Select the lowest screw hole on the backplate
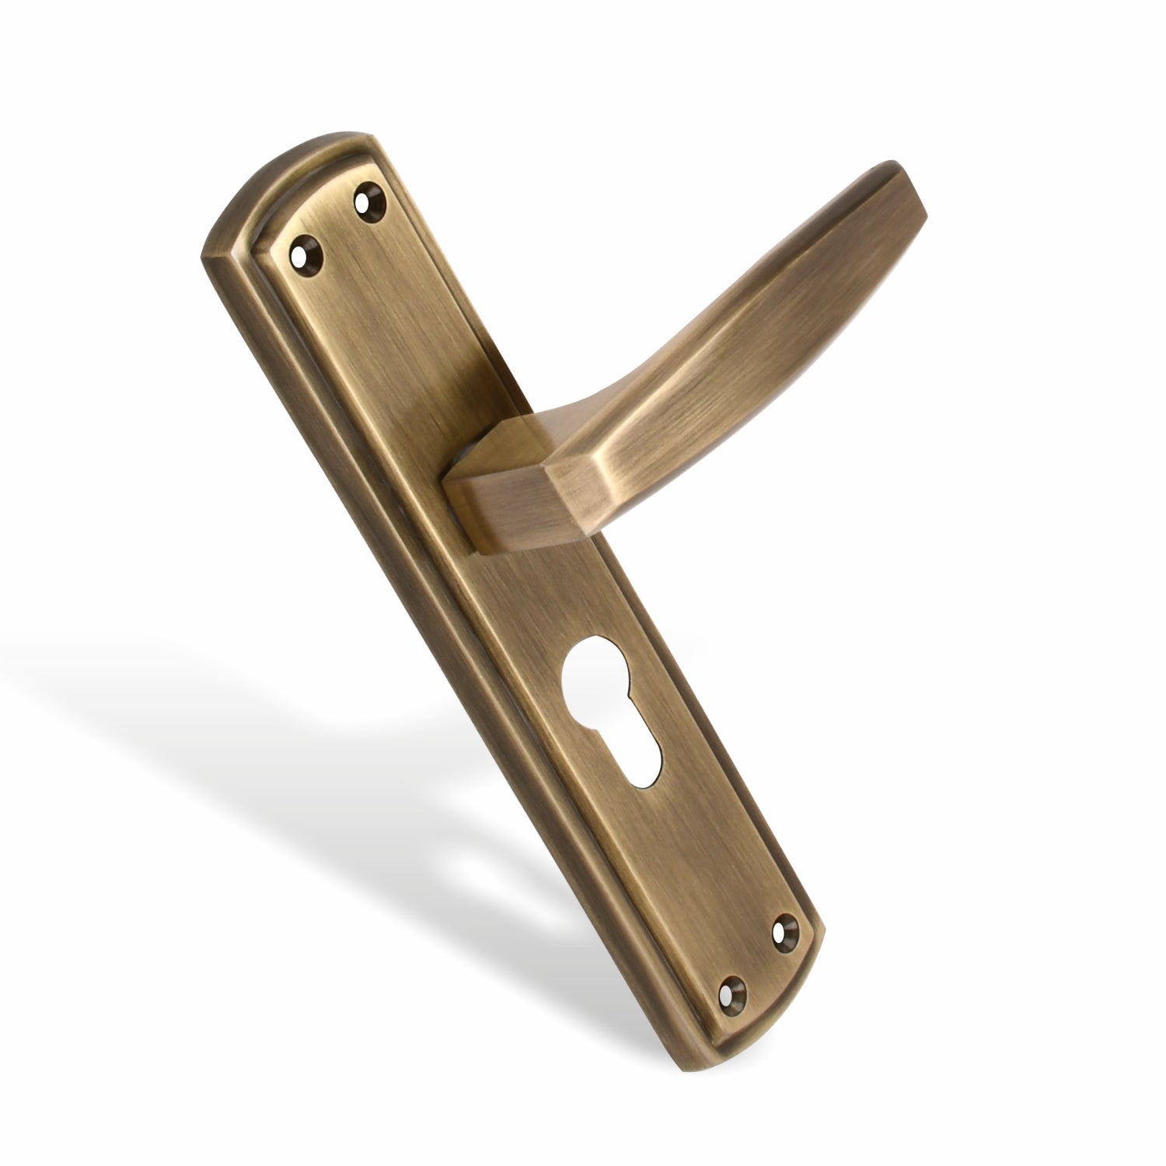(732, 988)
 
